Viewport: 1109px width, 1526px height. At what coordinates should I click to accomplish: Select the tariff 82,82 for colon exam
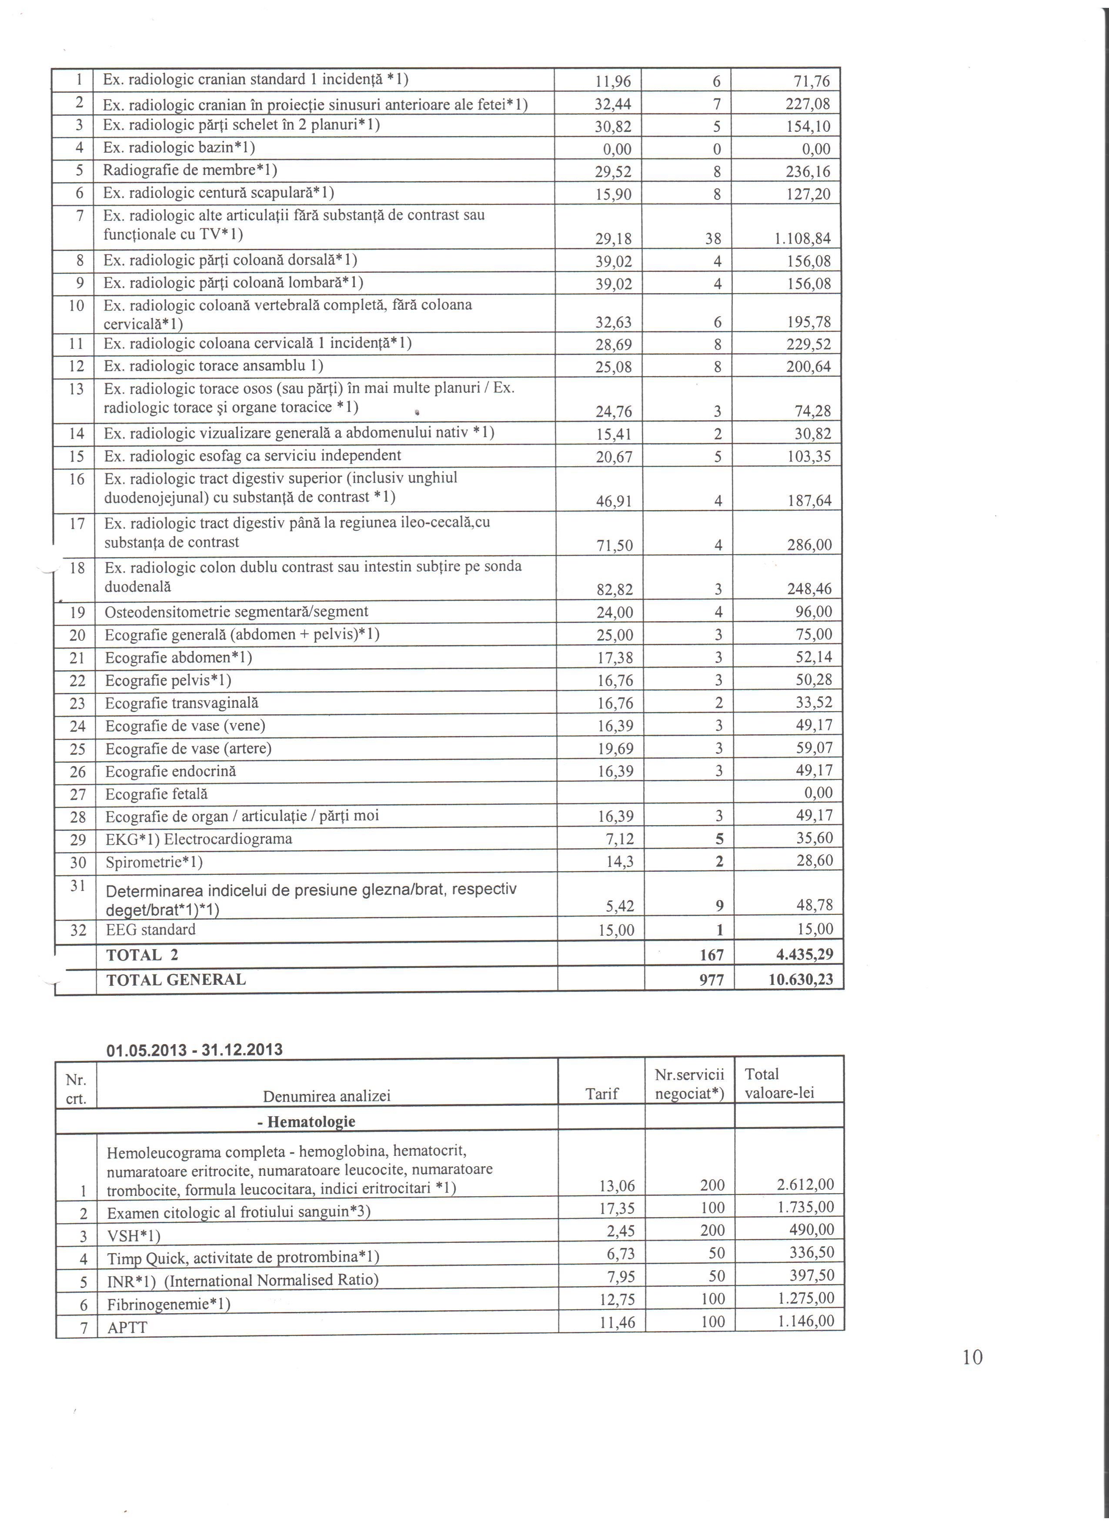click(x=615, y=590)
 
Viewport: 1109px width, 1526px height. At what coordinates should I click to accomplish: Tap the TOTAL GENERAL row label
click(x=176, y=980)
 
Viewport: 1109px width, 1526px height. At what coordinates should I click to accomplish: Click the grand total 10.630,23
click(x=800, y=980)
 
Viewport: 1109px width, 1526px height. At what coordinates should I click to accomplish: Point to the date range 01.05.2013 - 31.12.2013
click(x=194, y=1050)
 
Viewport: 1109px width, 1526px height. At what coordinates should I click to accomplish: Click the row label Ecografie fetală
click(x=157, y=794)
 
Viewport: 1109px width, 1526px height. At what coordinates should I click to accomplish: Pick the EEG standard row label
click(x=150, y=930)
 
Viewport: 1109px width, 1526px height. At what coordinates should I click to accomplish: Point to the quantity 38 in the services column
click(x=713, y=239)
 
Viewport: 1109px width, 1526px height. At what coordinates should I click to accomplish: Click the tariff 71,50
click(x=615, y=545)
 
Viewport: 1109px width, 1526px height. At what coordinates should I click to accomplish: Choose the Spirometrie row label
click(x=154, y=862)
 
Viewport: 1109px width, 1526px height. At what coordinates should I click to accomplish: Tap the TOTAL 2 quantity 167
click(x=711, y=955)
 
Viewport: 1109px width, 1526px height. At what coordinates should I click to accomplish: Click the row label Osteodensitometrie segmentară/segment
click(x=237, y=612)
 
